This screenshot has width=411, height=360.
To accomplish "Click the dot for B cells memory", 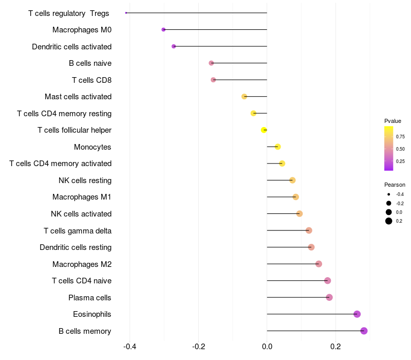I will (x=364, y=331).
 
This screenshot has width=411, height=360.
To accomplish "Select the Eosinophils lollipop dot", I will (x=357, y=314).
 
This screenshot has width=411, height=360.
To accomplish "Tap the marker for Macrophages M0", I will (x=163, y=30).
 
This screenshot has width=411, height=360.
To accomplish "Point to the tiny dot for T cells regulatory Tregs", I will (x=126, y=13).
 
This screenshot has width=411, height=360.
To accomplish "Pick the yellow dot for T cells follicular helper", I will (x=264, y=130).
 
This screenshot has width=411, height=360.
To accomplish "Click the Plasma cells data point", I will (x=329, y=297).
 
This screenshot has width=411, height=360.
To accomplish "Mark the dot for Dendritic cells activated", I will (x=174, y=46).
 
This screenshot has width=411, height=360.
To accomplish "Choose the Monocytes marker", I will (x=277, y=147).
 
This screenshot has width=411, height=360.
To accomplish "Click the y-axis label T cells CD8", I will (x=91, y=80).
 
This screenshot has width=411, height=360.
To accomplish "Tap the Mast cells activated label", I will (x=78, y=97).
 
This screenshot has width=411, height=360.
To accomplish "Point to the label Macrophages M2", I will (x=82, y=264).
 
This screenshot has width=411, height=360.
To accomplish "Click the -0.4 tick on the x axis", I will (x=130, y=347).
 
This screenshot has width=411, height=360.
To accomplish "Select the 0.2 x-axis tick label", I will (x=335, y=347).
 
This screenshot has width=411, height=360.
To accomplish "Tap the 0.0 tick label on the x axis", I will (x=267, y=347).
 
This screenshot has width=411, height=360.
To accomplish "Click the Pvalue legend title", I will (x=393, y=121).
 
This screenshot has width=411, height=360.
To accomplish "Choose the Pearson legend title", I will (x=395, y=185).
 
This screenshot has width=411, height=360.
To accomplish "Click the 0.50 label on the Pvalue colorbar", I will (x=400, y=149).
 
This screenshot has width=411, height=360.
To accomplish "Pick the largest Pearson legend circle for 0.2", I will (x=389, y=221).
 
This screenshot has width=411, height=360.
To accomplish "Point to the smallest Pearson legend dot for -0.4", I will (x=389, y=194).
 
